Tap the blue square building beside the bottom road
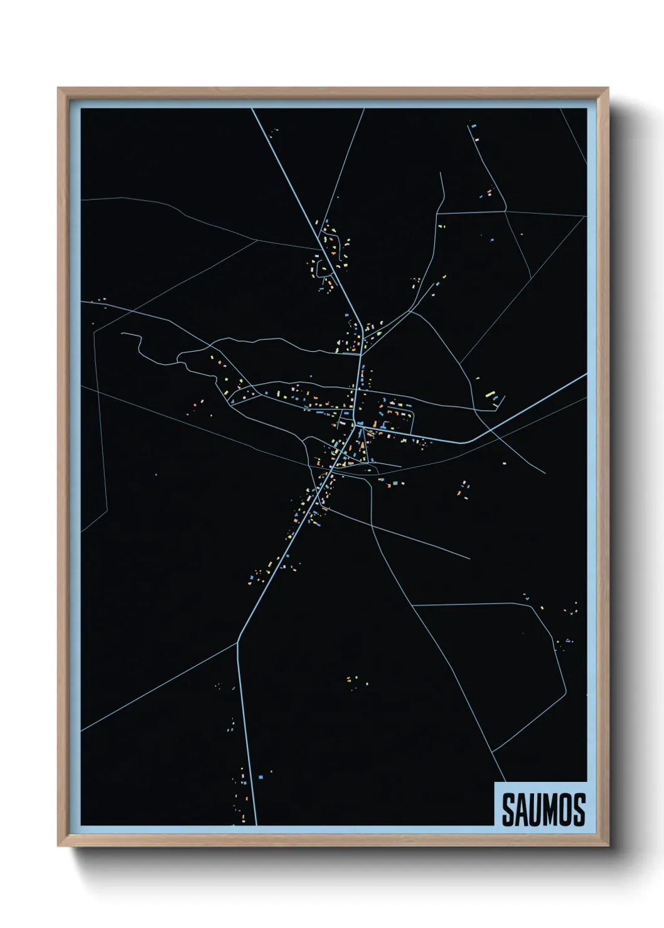[x=260, y=778]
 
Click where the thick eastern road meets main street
[x=358, y=424]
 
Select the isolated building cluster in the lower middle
[x=354, y=680]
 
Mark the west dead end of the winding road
[x=122, y=334]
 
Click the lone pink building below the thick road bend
[x=504, y=463]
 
